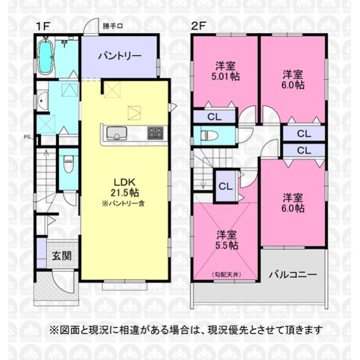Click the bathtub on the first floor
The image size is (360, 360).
click(45, 57)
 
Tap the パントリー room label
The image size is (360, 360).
click(119, 56)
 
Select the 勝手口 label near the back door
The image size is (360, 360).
click(113, 26)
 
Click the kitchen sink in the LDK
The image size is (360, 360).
click(116, 133)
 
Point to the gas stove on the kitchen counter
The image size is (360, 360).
click(155, 133)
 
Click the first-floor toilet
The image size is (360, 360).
click(68, 164)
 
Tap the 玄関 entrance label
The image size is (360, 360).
click(62, 256)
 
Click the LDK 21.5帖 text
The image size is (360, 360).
click(125, 188)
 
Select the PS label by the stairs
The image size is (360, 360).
click(27, 137)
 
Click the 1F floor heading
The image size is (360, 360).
click(43, 26)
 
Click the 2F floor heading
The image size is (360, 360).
click(198, 26)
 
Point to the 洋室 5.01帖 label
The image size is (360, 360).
click(226, 71)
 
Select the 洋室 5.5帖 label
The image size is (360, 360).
click(227, 240)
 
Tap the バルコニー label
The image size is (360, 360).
click(293, 274)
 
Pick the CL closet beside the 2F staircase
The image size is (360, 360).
click(226, 186)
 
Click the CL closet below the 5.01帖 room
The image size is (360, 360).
click(214, 117)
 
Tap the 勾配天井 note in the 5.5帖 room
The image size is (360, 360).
click(227, 275)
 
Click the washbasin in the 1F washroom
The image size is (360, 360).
click(41, 101)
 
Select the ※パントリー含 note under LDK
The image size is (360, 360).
click(123, 203)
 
